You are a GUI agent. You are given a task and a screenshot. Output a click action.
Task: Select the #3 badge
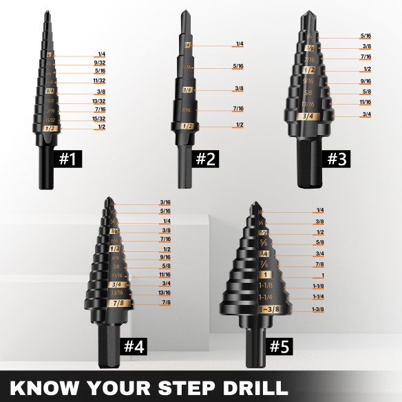point(337,160)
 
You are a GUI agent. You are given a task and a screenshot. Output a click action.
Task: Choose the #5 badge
point(278,346)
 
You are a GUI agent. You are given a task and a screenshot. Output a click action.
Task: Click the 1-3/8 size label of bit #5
point(318,310)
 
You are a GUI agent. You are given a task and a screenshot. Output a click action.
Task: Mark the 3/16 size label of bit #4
point(165,202)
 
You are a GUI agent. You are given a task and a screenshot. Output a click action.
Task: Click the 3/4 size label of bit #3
point(367,114)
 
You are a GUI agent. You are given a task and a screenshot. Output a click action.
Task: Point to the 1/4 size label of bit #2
point(240,44)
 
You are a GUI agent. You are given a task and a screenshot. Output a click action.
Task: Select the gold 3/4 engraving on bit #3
point(308,116)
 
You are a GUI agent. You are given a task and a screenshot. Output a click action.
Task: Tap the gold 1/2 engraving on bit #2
point(187,126)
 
